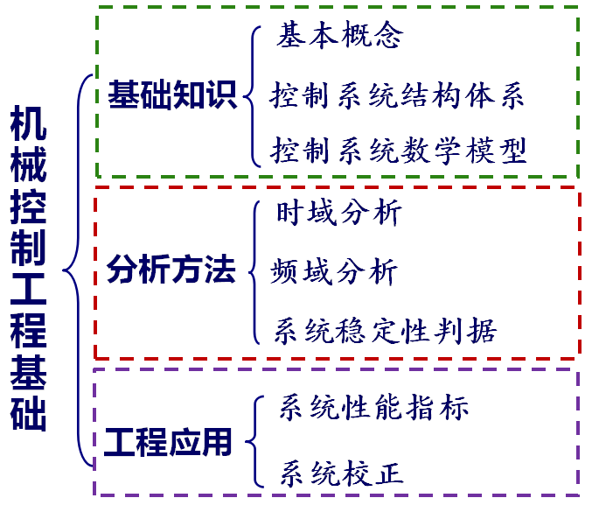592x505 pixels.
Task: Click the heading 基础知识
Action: click(x=172, y=95)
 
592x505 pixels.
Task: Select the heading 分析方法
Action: click(x=171, y=270)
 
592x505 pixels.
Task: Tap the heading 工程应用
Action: click(x=169, y=442)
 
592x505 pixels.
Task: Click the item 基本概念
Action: click(x=340, y=36)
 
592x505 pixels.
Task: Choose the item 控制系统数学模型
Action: click(x=399, y=151)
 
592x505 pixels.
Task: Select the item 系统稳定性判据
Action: click(x=385, y=330)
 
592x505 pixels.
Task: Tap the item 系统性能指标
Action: click(x=374, y=408)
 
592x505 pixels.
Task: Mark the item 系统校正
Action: click(x=341, y=473)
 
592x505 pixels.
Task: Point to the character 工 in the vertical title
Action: click(x=29, y=293)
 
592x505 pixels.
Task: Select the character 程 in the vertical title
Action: click(x=29, y=335)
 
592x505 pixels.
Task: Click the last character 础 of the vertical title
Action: click(x=29, y=417)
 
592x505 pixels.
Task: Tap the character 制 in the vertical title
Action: click(x=29, y=252)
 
